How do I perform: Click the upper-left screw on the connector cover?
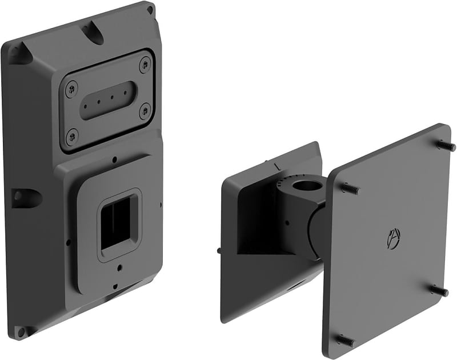71,87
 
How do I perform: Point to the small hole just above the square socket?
115,159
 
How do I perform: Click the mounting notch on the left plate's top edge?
92,30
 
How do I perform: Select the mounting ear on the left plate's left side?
24,197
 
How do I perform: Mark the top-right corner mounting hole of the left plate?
150,9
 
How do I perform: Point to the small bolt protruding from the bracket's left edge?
220,250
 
